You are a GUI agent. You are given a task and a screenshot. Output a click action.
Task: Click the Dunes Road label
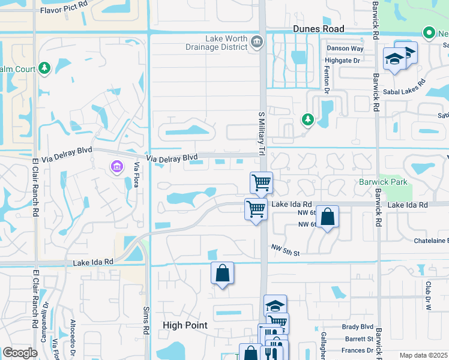pyautogui.click(x=318, y=29)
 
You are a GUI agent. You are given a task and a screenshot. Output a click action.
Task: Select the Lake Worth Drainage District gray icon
pyautogui.click(x=257, y=41)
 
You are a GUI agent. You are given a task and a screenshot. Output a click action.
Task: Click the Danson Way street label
pyautogui.click(x=345, y=49)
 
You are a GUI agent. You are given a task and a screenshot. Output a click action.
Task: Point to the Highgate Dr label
pyautogui.click(x=342, y=61)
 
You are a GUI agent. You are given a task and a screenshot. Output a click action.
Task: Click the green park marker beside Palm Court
pyautogui.click(x=44, y=68)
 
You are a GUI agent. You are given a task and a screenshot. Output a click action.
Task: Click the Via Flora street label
pyautogui.click(x=137, y=175)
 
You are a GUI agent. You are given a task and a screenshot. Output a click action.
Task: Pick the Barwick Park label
pyautogui.click(x=384, y=182)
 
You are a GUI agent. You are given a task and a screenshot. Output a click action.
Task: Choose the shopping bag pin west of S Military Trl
pyautogui.click(x=222, y=273)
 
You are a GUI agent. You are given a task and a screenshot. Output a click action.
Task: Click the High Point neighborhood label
pyautogui.click(x=185, y=325)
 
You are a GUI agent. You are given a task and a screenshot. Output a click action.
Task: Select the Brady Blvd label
pyautogui.click(x=358, y=326)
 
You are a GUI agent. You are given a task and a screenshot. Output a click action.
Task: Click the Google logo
pyautogui.click(x=20, y=353)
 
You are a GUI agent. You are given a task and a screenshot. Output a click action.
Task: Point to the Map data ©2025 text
pyautogui.click(x=423, y=355)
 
